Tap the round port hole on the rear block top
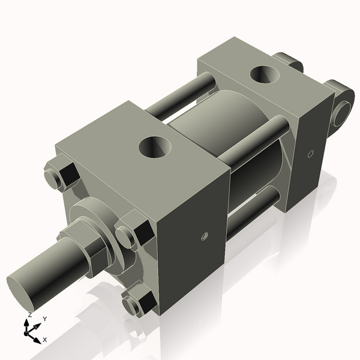[265, 74]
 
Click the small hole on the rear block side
[310, 154]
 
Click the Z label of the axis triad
[30, 314]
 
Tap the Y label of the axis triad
[45, 319]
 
